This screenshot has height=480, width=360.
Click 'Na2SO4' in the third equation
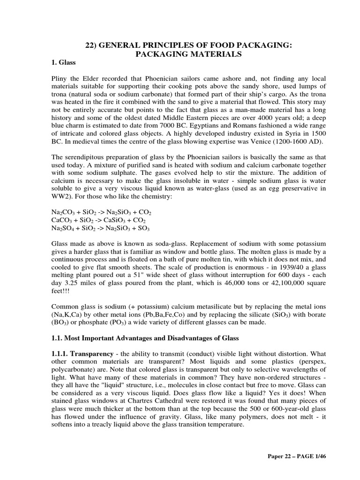coord(63,228)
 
